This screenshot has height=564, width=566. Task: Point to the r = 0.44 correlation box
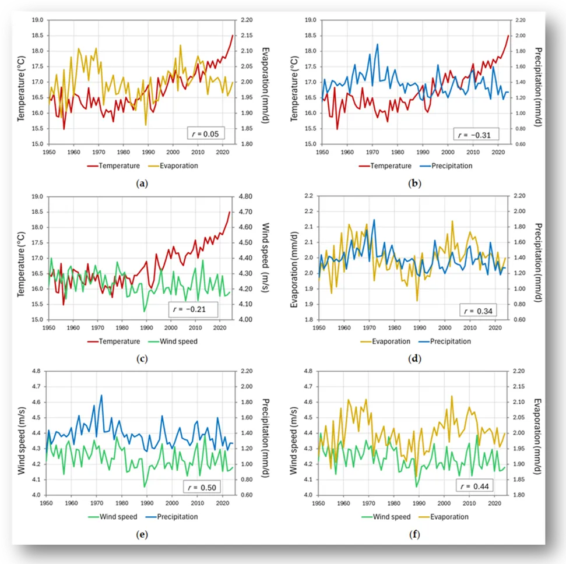point(474,486)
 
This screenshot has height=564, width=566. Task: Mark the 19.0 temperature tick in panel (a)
point(37,20)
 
